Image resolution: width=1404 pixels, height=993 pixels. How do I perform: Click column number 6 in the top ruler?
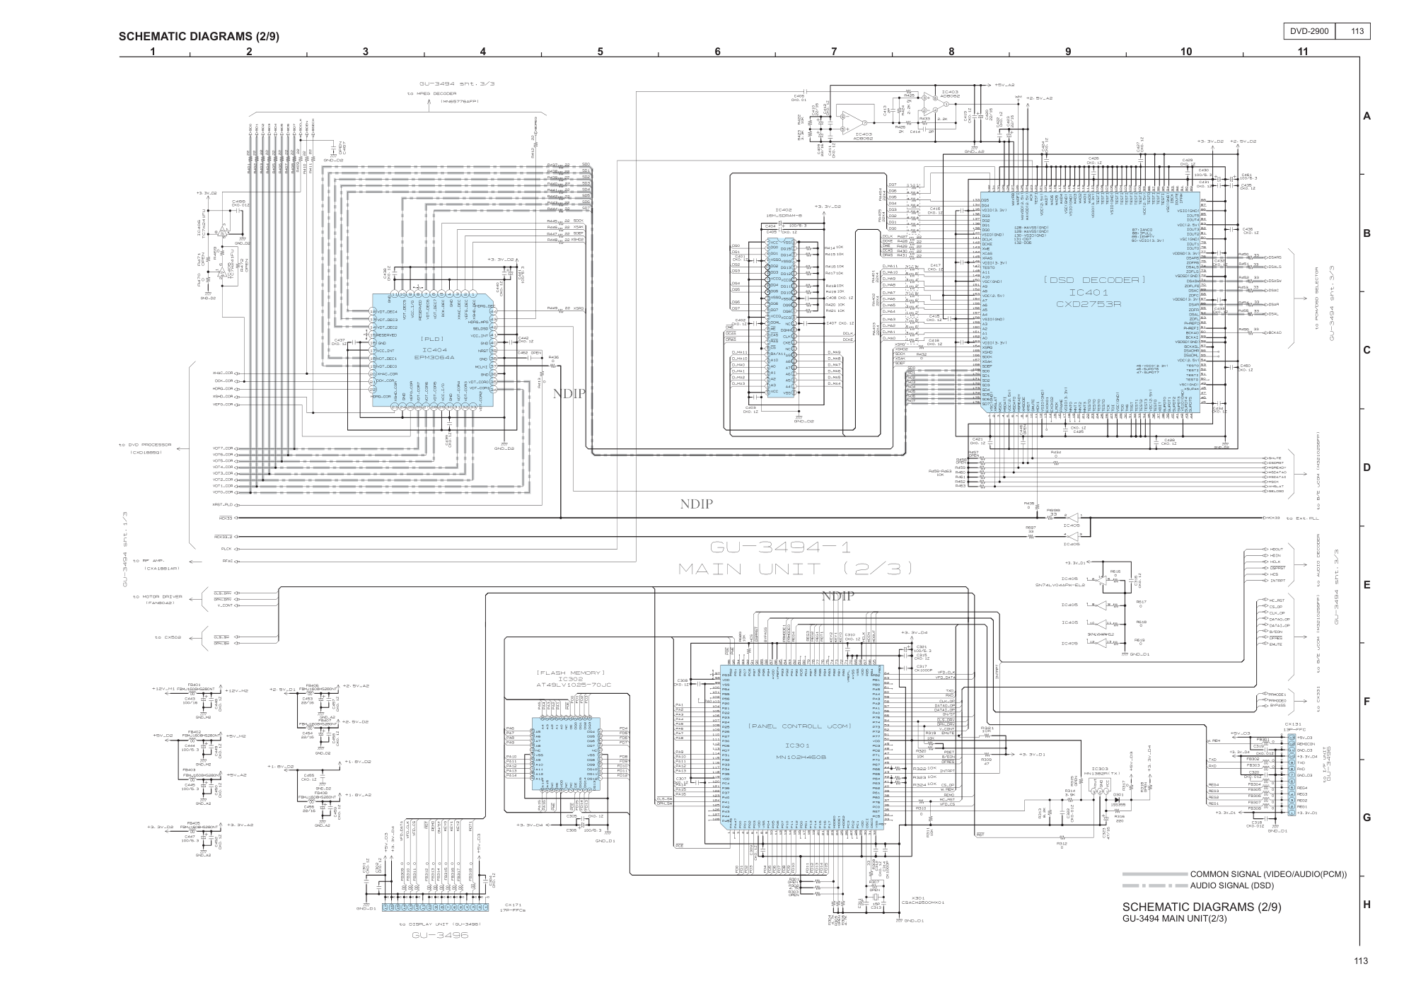(717, 51)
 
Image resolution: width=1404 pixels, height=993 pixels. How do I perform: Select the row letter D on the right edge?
(1367, 468)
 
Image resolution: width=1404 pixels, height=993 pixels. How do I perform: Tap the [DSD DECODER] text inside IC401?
(1093, 280)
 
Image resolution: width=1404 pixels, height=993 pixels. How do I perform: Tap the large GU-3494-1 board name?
(780, 546)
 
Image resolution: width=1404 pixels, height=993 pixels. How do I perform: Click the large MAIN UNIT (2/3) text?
(795, 568)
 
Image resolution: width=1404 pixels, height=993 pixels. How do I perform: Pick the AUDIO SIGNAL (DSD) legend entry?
(1231, 885)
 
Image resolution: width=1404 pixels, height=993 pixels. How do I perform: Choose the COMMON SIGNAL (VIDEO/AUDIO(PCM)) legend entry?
(1268, 874)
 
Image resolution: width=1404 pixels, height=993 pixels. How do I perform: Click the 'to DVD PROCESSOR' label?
(145, 445)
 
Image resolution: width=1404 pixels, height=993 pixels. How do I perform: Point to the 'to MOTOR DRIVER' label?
(156, 596)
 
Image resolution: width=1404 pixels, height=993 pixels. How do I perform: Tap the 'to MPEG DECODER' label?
(431, 93)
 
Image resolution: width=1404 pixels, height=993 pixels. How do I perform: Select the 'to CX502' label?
(168, 637)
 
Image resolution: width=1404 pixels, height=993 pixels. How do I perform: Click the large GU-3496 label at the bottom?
(440, 934)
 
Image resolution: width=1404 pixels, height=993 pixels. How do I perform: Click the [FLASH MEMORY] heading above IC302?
(571, 672)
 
